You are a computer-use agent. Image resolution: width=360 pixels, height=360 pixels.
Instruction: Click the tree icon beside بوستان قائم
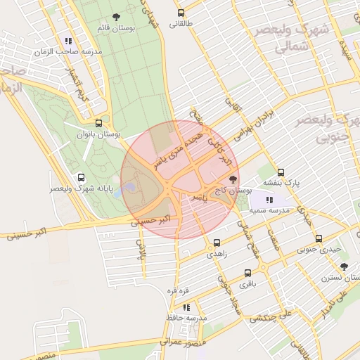tap(116, 18)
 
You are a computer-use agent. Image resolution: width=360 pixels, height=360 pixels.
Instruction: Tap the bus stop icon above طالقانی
tap(181, 13)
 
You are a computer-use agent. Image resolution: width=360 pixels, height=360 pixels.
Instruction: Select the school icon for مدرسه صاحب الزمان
tap(68, 41)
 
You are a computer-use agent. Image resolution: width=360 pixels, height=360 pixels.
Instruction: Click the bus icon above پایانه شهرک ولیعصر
tap(81, 178)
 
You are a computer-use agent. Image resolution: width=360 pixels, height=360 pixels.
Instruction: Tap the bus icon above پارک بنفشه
tap(281, 172)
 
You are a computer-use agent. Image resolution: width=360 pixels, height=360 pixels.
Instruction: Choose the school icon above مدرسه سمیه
tap(269, 200)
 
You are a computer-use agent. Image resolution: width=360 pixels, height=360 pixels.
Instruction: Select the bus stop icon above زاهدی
tap(216, 243)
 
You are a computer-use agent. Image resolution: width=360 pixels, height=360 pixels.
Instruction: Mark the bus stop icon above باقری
tap(248, 274)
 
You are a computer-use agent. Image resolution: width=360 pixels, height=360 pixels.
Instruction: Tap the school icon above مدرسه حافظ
tap(186, 307)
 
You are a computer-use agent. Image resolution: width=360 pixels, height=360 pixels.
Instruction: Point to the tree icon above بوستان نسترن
tap(344, 266)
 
